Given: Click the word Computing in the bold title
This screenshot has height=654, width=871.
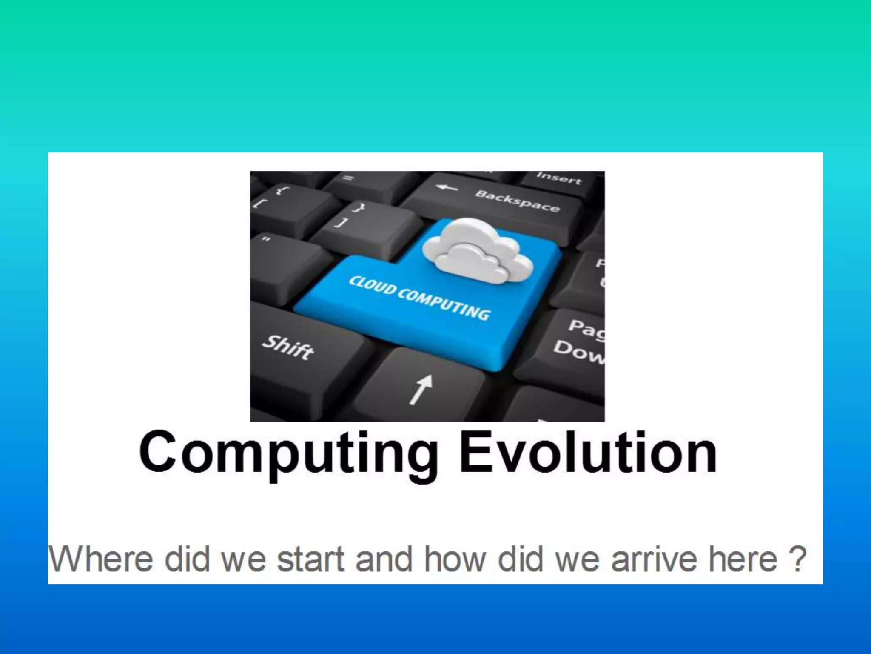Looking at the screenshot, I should pos(289,453).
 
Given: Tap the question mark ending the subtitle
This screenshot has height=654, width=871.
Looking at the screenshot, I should pos(798,559).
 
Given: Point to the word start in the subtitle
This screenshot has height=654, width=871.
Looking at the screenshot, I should pos(310,559).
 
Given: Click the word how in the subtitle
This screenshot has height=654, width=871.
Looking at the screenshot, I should pos(455,559).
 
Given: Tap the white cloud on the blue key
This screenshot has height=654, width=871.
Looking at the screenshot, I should pos(478,251).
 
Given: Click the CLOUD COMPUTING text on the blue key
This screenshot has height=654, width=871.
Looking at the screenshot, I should pos(419,298).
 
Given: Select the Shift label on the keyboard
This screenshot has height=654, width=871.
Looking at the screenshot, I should pos(288,347).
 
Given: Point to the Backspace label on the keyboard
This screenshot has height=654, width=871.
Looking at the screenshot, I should pos(517,201).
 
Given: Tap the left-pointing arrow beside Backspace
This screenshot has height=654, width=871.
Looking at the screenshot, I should pos(447,187).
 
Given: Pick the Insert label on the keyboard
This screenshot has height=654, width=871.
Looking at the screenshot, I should pos(558,178).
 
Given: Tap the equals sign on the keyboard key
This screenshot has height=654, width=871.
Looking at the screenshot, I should pos(348,178).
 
